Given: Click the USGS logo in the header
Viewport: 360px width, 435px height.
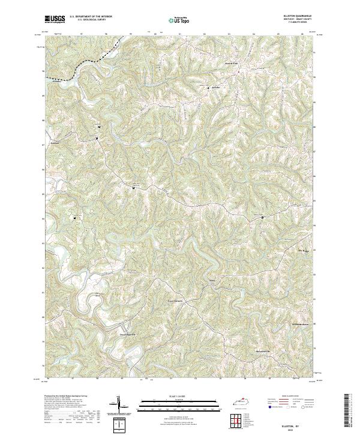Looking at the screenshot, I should (x=55, y=19).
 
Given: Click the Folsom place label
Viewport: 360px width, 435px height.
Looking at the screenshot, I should (x=54, y=143).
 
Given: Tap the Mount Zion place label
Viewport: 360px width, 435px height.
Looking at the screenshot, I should (x=231, y=62).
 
